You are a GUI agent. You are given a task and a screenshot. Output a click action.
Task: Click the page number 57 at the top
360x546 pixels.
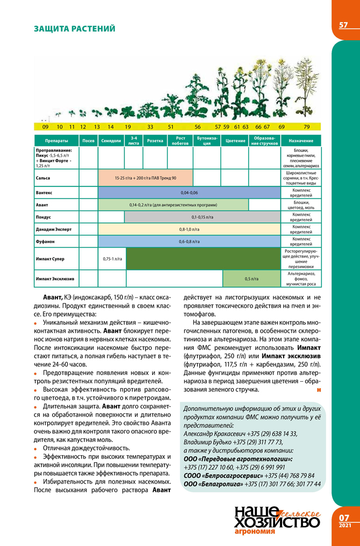point(343,25)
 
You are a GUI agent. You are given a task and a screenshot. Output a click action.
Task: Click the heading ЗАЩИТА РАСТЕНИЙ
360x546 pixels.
point(74,28)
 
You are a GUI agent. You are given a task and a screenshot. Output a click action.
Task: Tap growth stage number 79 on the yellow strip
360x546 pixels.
point(306,127)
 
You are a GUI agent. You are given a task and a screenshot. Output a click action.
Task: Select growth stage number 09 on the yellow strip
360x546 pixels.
point(45,127)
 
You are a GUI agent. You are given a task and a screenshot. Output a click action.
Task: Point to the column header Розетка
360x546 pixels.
point(147,141)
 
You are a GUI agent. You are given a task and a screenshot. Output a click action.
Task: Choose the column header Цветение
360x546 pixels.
point(234,141)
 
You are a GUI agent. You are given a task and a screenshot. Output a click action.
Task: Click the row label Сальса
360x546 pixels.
point(42,177)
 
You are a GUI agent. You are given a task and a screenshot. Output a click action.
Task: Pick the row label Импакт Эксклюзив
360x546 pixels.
point(55,278)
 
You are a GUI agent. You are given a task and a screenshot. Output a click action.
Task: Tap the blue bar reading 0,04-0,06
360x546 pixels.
point(189,192)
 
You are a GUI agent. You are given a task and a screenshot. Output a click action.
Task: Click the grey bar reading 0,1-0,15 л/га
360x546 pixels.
point(202,217)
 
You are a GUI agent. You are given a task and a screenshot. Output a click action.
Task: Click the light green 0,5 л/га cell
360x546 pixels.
point(251,279)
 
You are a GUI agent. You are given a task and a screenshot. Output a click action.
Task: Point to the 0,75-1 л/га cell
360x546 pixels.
point(112,259)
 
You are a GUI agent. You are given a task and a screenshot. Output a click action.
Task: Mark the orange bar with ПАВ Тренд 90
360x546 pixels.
point(145,177)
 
